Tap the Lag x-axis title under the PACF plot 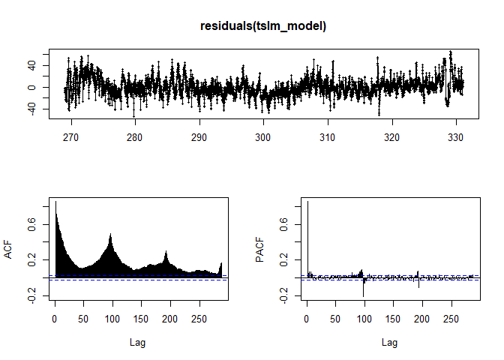coord(389,342)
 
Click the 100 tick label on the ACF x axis coord(112,318)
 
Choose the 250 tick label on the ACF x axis coord(199,318)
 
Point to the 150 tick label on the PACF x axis coord(393,318)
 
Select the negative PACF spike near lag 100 coord(364,289)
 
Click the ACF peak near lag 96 coord(110,236)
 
